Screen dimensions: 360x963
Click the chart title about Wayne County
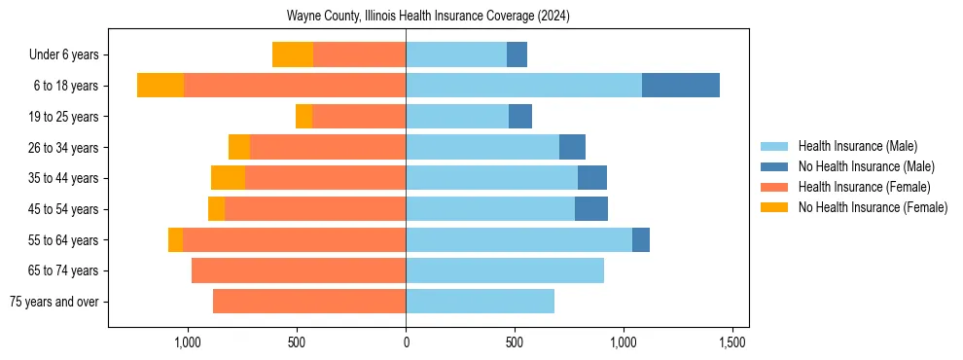click(x=428, y=17)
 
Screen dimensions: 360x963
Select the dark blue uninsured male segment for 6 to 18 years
click(x=681, y=86)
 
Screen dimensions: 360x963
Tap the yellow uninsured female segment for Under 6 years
click(x=293, y=54)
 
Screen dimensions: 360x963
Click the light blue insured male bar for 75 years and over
click(x=480, y=302)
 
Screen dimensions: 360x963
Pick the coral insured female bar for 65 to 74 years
click(x=299, y=270)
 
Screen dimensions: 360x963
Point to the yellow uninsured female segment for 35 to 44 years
click(x=228, y=178)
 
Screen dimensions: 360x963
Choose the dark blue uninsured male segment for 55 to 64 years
click(x=641, y=240)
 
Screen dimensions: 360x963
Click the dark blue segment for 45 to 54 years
click(x=591, y=209)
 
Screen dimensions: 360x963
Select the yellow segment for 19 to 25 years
click(x=303, y=117)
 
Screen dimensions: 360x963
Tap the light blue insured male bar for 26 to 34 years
click(x=482, y=147)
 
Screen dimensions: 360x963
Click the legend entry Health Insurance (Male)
click(x=857, y=146)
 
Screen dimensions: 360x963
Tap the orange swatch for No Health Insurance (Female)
click(x=775, y=207)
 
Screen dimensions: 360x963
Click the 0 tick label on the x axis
click(x=406, y=342)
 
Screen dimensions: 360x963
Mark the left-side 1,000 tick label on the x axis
click(x=188, y=342)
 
